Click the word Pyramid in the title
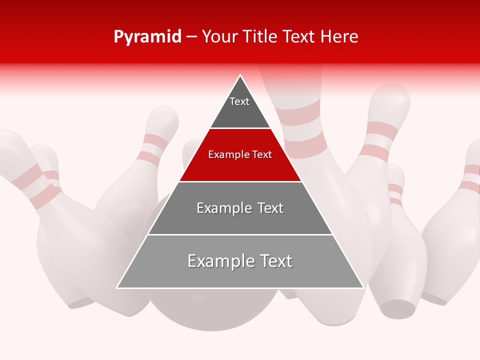point(147,37)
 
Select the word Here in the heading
point(339,37)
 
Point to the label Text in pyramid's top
point(239,101)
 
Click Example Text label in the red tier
point(240,154)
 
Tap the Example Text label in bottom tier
point(240,261)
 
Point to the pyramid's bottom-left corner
point(117,287)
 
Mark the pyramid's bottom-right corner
point(363,287)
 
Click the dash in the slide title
point(191,37)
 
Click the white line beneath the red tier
point(240,181)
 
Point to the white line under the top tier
point(240,128)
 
